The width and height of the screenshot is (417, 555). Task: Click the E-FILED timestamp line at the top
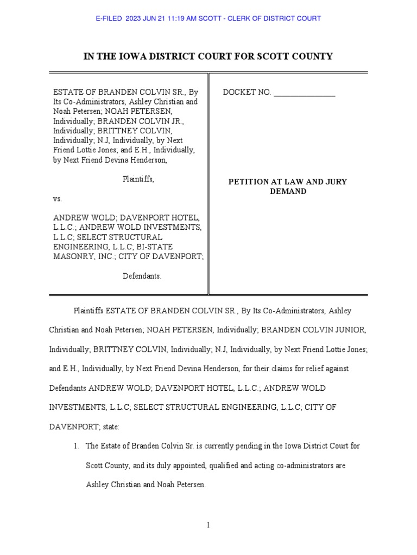pyautogui.click(x=208, y=18)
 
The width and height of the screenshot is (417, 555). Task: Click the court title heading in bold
pyautogui.click(x=208, y=56)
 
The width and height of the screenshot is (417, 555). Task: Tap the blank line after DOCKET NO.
pyautogui.click(x=305, y=93)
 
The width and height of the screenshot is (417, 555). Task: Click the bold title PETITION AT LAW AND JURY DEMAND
pyautogui.click(x=288, y=186)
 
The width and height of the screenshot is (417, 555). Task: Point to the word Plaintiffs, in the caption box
pyautogui.click(x=138, y=179)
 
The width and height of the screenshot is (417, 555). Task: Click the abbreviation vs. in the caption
pyautogui.click(x=58, y=199)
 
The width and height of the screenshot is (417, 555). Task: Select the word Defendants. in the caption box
pyautogui.click(x=142, y=276)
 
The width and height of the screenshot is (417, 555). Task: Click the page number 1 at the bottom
pyautogui.click(x=208, y=525)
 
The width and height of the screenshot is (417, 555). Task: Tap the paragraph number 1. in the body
pyautogui.click(x=78, y=446)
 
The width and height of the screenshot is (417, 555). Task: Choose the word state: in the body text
pyautogui.click(x=110, y=427)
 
